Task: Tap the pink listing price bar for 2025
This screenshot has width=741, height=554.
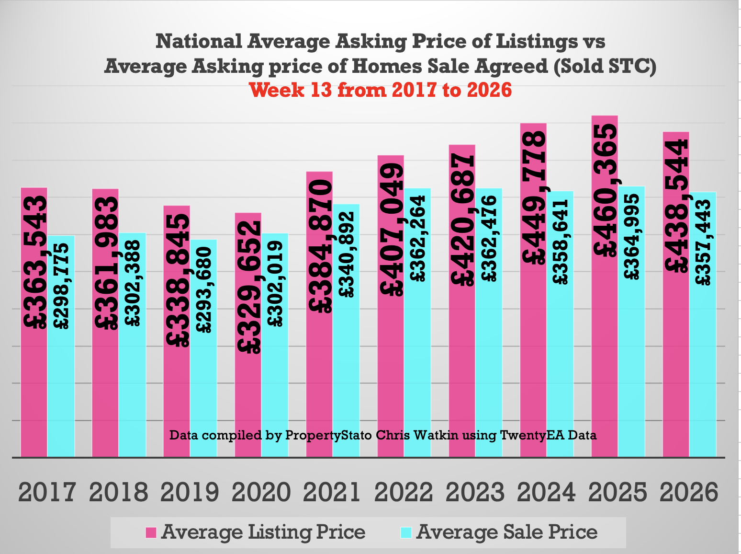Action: pos(605,359)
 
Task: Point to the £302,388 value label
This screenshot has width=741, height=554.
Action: pos(132,283)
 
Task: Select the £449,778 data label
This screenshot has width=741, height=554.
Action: pos(534,198)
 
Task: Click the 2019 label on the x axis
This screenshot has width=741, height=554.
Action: pos(190,492)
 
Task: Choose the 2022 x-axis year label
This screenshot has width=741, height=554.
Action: pos(404,492)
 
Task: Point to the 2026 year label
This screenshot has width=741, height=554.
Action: pos(689,492)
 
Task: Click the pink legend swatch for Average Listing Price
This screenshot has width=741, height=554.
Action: pos(151,532)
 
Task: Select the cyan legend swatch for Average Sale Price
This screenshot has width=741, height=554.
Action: pos(406,532)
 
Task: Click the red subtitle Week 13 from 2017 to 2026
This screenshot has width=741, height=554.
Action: pos(381,90)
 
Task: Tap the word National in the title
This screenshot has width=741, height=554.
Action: pos(199,42)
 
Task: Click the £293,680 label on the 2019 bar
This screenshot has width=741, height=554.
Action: pos(204,289)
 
